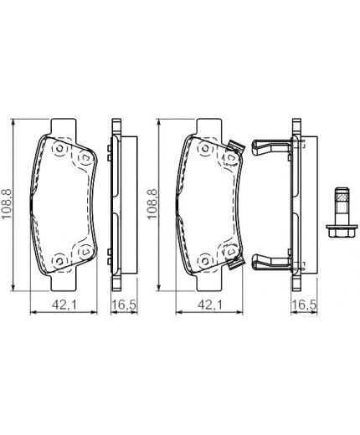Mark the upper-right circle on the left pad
pos(83,156)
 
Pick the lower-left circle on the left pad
pos(59,258)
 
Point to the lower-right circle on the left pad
pos(83,253)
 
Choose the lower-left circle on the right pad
pos(203,258)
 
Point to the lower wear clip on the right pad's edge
pos(235,261)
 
